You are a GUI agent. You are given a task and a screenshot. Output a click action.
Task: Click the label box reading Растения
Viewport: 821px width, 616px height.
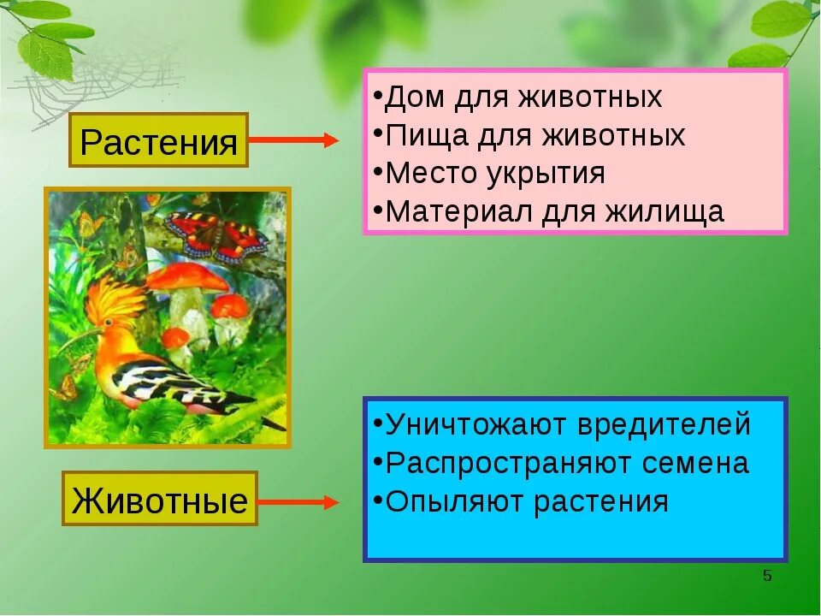pyautogui.click(x=158, y=140)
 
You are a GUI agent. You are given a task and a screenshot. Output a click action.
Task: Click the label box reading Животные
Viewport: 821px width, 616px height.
pyautogui.click(x=159, y=499)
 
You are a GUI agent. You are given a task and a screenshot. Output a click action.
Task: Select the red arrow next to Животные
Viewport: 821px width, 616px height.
pyautogui.click(x=298, y=502)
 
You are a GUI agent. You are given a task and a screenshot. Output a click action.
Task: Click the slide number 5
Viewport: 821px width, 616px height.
pyautogui.click(x=767, y=576)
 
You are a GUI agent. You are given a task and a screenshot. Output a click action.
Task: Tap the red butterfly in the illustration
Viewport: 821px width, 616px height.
pyautogui.click(x=216, y=234)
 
